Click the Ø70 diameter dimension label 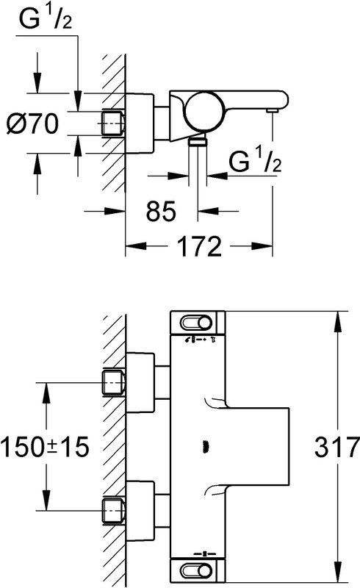coord(33,123)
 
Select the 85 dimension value coord(161,211)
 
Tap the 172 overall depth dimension coord(199,246)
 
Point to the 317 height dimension coord(336,447)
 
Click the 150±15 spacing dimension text coord(45,447)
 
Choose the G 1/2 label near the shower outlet coord(255,159)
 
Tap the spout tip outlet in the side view coord(272,111)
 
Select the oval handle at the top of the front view coord(196,323)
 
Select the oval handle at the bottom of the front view coord(196,571)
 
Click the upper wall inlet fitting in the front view coord(113,382)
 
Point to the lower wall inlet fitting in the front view coord(113,511)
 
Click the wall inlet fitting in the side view coord(113,123)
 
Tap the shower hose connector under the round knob coord(197,141)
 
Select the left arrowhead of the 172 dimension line coord(135,246)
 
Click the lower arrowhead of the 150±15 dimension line coord(46,501)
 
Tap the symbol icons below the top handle coord(199,340)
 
